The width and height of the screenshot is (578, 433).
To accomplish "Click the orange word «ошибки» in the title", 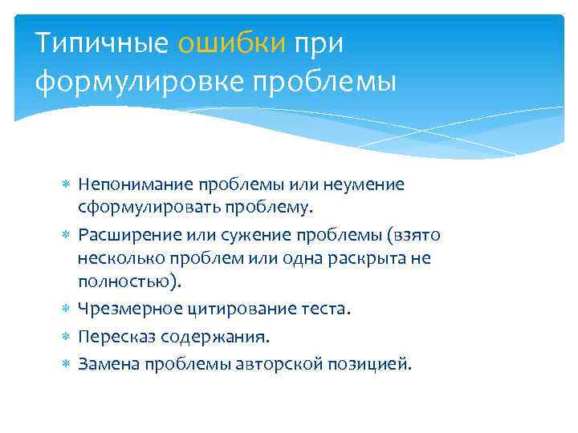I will (231, 43).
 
